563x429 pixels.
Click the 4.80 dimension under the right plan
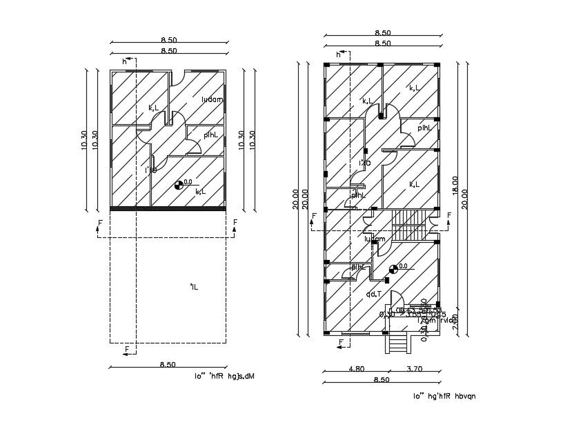tap(356, 369)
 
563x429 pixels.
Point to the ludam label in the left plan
tap(212, 99)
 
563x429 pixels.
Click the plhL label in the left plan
tap(210, 134)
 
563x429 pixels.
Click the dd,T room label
tap(374, 294)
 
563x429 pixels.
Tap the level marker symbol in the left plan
tap(179, 184)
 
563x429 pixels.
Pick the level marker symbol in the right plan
tap(393, 268)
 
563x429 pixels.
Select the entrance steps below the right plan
tap(397, 342)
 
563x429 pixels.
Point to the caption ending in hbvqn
tap(444, 396)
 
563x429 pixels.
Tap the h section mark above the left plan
tap(125, 61)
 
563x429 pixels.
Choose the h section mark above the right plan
tap(339, 54)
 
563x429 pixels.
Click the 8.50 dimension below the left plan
tap(168, 364)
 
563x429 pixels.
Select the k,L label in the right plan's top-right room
tap(415, 88)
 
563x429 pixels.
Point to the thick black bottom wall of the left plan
tap(168, 208)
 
